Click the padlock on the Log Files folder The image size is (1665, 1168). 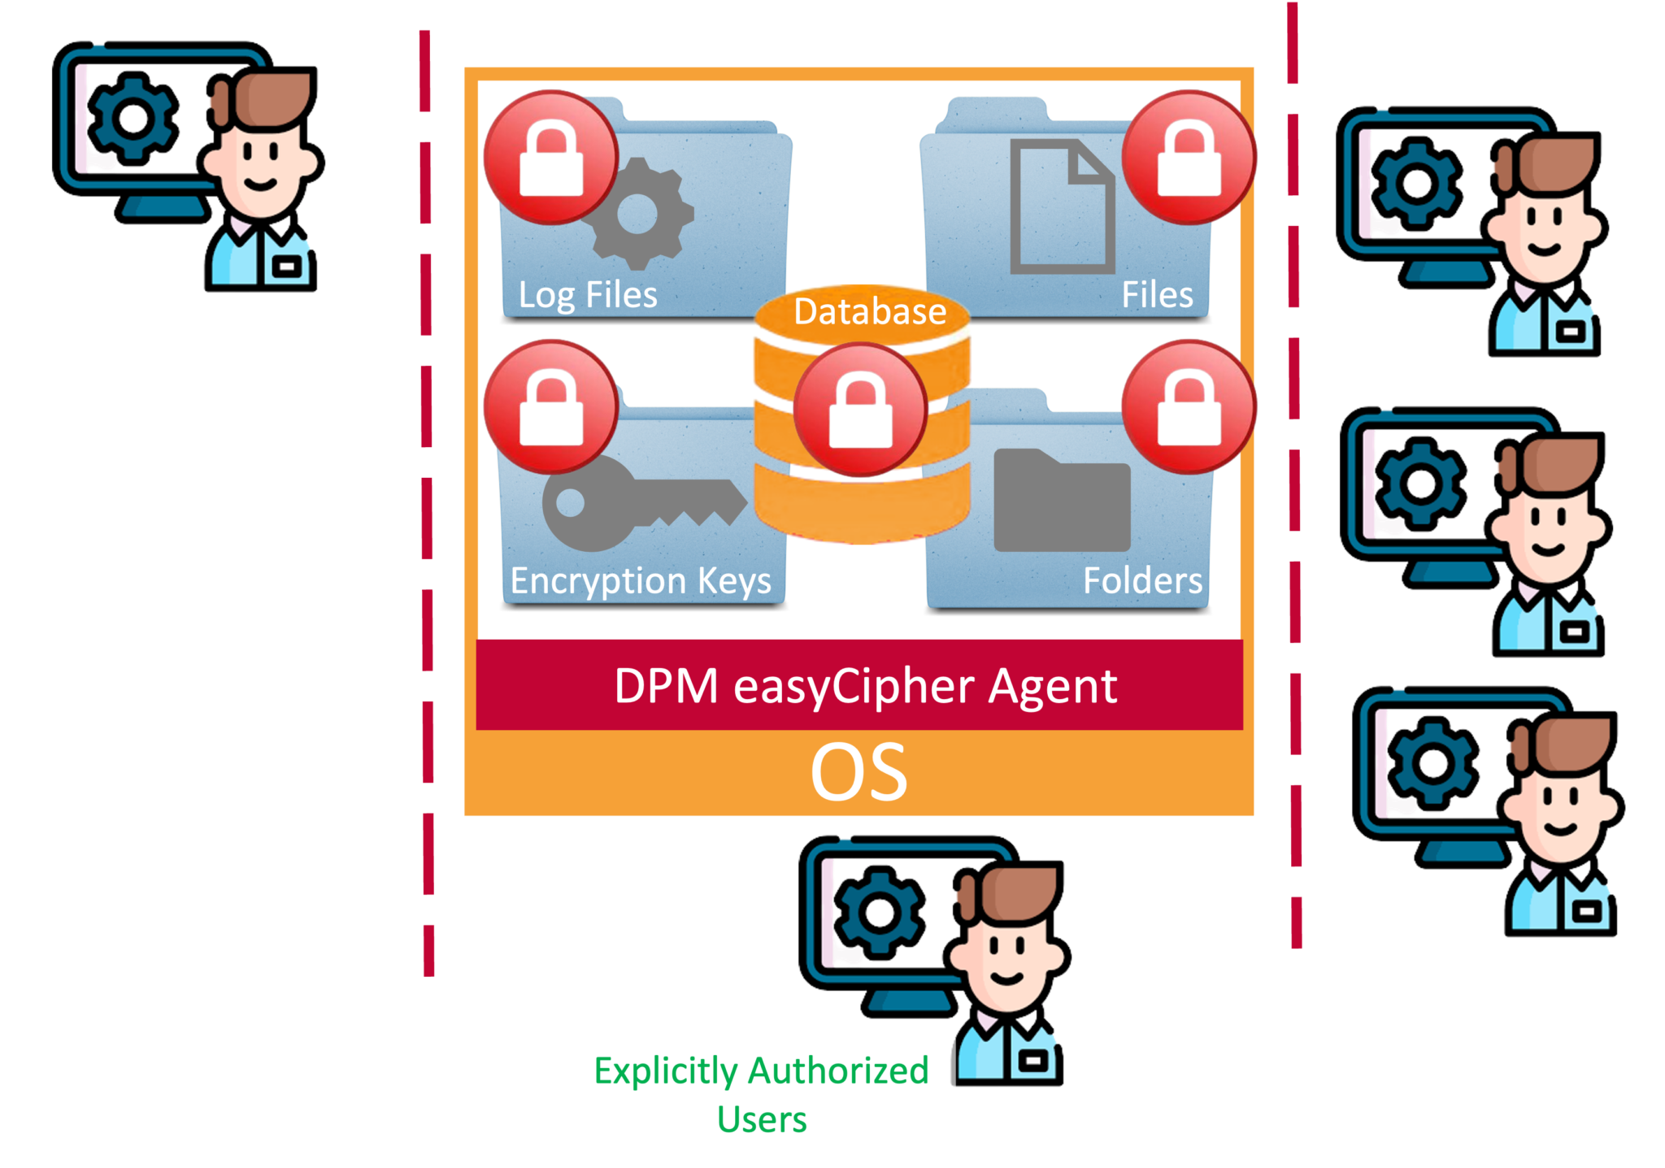551,158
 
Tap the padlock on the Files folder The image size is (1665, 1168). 1189,158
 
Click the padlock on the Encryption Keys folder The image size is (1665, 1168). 551,407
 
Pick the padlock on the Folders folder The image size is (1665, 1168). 1189,407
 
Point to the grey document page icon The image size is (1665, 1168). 1062,206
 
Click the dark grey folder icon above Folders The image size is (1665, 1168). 1062,500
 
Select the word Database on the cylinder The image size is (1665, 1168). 870,312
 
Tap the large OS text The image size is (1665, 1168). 859,772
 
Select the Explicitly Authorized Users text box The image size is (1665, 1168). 763,1094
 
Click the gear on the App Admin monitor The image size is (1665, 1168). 1417,183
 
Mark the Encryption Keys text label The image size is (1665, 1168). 641,581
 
